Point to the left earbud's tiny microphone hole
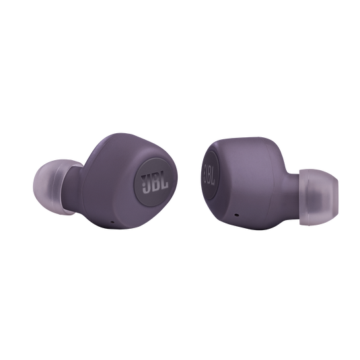tap(112, 222)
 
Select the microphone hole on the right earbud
tap(236, 215)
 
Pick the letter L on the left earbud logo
tap(165, 182)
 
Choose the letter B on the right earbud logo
tap(209, 174)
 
